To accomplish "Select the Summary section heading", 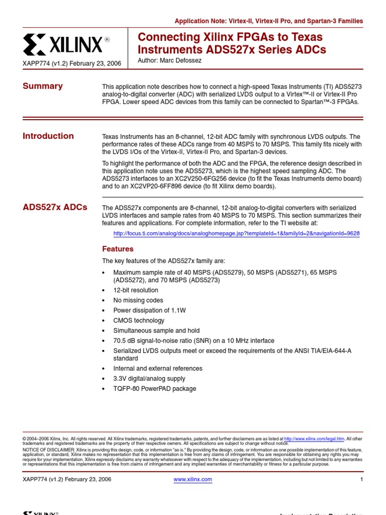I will pos(43,86).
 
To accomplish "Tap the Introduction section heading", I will pos(48,136).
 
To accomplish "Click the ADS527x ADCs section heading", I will pos(55,207).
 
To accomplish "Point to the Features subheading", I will pos(118,249).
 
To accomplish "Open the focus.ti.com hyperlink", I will pos(236,234).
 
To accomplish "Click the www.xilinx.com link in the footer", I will pos(192,479).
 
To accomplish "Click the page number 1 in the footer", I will pos(361,479).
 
